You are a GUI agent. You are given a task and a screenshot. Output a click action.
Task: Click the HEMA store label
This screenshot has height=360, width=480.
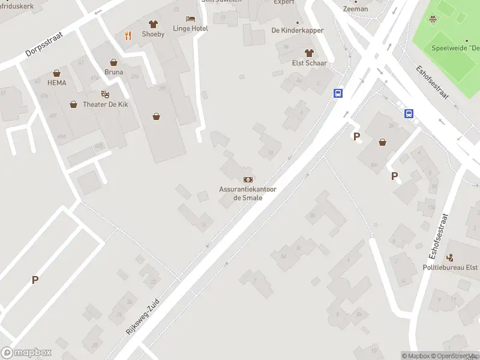click(x=57, y=83)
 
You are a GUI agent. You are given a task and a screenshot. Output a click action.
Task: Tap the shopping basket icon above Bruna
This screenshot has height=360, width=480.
click(x=113, y=62)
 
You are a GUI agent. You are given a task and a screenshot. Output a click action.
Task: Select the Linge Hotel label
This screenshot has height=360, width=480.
click(x=190, y=28)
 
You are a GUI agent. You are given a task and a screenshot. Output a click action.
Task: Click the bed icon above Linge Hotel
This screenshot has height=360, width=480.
click(x=190, y=19)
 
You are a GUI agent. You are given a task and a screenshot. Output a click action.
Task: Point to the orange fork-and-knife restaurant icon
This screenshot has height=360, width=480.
click(x=128, y=35)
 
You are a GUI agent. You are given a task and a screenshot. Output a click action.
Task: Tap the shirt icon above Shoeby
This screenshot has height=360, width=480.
click(x=153, y=24)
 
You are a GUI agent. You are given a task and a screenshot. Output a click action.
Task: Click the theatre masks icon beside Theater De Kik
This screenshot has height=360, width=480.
click(x=105, y=94)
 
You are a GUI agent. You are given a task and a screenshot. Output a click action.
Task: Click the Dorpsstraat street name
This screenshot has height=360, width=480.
click(x=44, y=44)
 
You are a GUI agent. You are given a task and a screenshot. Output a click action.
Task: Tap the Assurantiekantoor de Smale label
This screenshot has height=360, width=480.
click(x=248, y=193)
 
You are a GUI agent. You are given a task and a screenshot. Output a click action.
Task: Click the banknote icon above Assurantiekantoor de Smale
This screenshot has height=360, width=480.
click(x=248, y=179)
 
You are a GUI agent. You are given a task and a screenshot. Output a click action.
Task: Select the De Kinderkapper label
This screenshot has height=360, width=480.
click(x=298, y=31)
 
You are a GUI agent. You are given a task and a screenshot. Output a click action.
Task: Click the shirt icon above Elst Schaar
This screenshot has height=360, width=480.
click(x=309, y=53)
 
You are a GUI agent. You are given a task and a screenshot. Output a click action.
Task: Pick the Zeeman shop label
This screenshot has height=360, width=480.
click(x=355, y=9)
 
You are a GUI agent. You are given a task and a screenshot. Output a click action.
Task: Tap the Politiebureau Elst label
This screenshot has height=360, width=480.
click(x=450, y=267)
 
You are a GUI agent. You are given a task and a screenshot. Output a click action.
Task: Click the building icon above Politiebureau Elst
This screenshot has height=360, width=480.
click(x=450, y=257)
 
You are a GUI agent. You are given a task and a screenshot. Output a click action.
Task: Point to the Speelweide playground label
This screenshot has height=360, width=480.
click(x=455, y=48)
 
